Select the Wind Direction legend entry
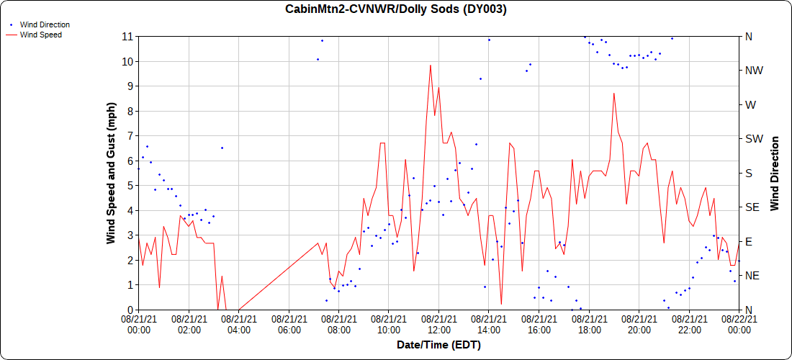click(45, 24)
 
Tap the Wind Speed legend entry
click(40, 35)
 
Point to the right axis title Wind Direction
click(775, 173)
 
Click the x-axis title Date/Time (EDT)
click(438, 345)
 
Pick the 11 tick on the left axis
click(128, 36)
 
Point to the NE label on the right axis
click(751, 276)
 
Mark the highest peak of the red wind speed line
click(431, 66)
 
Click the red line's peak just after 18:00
click(613, 93)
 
